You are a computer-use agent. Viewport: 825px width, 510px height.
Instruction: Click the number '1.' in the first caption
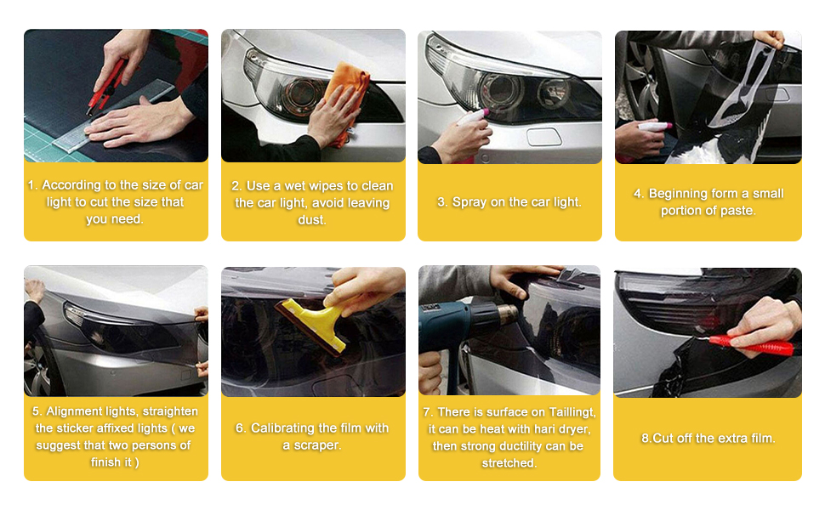point(33,184)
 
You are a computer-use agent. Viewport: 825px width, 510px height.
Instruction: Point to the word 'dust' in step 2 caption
point(311,219)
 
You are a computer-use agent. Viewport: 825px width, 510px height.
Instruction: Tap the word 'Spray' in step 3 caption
point(469,202)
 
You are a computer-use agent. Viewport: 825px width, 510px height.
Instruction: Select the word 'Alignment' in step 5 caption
point(77,411)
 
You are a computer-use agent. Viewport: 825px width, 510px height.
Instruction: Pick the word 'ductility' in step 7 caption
point(532,445)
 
